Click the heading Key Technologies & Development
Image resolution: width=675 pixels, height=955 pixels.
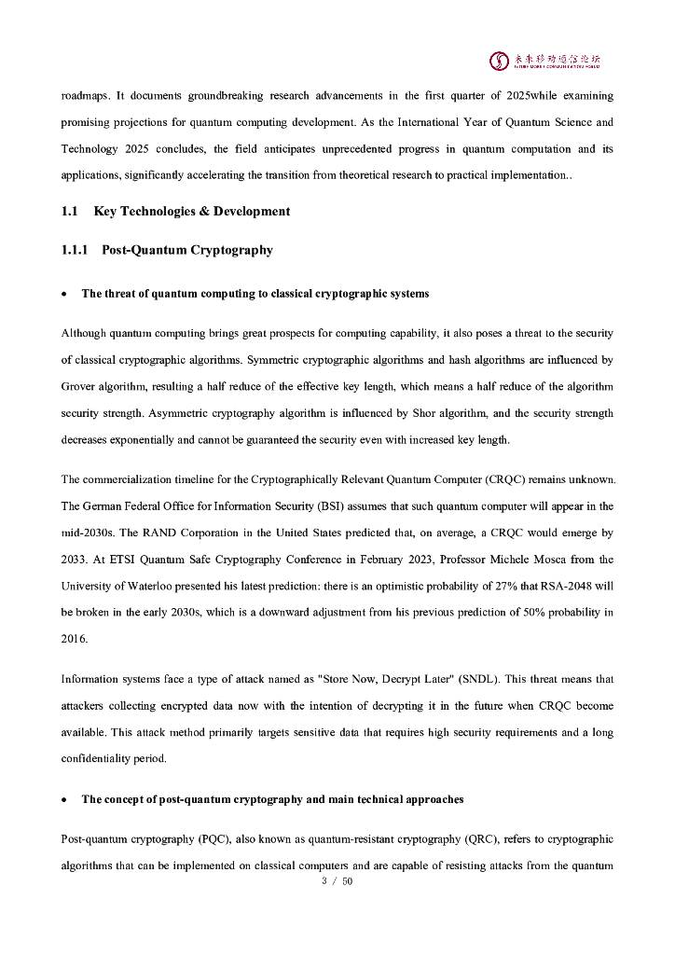click(192, 211)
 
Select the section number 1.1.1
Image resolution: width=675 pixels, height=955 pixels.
click(75, 250)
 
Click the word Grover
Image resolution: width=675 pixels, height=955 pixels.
click(80, 386)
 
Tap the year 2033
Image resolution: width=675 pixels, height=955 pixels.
click(75, 560)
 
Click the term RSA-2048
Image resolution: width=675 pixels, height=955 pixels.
click(572, 586)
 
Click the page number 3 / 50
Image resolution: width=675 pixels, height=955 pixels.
click(337, 881)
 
